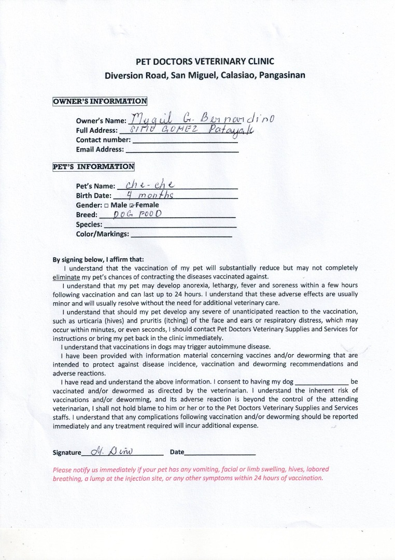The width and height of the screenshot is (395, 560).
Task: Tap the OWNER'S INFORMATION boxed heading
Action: point(100,101)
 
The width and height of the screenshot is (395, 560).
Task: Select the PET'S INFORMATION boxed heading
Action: point(93,166)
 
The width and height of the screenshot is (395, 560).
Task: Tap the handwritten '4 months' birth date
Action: point(148,195)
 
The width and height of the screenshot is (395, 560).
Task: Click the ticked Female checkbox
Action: point(132,205)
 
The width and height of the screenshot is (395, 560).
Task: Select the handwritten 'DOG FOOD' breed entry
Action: point(134,214)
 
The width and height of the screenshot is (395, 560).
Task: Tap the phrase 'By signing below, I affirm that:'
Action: point(98,260)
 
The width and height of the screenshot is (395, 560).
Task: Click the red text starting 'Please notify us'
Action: point(191,473)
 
